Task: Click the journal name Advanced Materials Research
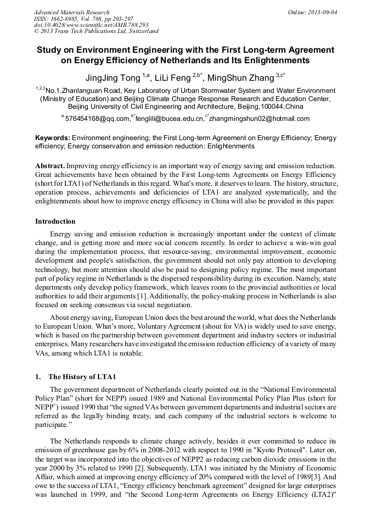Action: (x=72, y=12)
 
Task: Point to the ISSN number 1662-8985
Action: (x=66, y=19)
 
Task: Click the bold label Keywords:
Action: (x=53, y=138)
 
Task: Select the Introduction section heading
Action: (x=55, y=221)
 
